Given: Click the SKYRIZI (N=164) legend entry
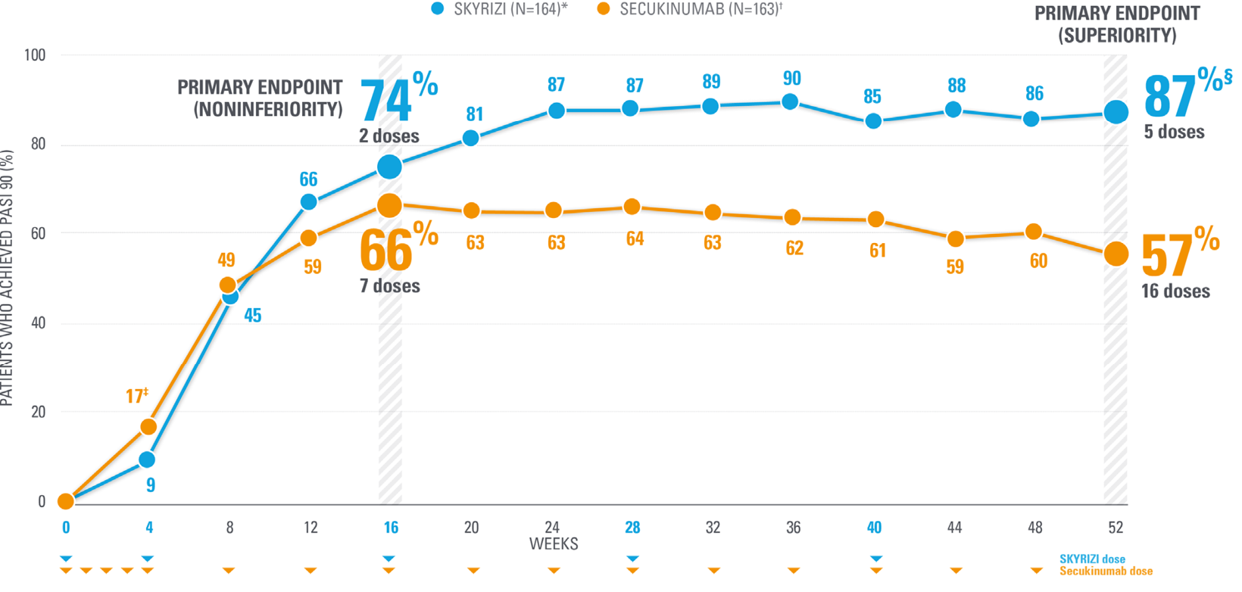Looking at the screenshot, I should point(500,9).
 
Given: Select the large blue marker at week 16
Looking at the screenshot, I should point(389,167).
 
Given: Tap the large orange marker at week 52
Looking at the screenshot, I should point(1116,254).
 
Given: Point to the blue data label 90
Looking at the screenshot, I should point(791,78).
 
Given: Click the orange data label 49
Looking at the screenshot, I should point(226,260).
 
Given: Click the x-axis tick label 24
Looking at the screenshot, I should point(554,527).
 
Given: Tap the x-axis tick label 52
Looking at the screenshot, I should point(1116,527).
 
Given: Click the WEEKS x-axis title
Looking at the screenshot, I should point(554,544).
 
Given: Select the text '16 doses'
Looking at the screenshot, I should point(1175,291).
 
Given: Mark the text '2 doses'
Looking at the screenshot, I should point(389,136).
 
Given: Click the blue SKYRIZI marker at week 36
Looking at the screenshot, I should point(790,101).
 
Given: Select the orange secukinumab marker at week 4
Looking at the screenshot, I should point(148,427).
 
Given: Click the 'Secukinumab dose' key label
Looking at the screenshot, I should point(1106,572).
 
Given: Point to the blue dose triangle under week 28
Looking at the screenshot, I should point(633,559).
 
